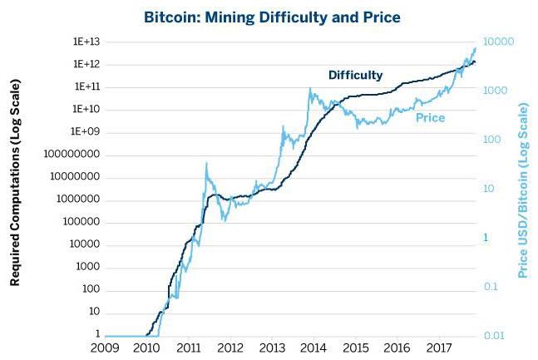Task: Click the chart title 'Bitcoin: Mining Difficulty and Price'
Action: (272, 17)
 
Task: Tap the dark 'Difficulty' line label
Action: (355, 75)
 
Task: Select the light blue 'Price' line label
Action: (430, 118)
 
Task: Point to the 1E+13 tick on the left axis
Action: (86, 42)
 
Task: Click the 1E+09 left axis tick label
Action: (85, 131)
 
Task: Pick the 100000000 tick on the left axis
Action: (72, 154)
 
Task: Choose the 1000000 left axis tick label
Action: (78, 199)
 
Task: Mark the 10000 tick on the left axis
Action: (85, 244)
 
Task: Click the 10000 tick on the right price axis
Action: (499, 42)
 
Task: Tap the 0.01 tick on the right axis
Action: (494, 335)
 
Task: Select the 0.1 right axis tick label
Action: (491, 287)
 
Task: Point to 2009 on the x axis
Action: (105, 348)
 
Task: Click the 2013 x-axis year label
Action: (272, 348)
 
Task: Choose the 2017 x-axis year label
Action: (439, 348)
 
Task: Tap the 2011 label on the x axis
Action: (189, 348)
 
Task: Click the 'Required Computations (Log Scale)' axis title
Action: (15, 183)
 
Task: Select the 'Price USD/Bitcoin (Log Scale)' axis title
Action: (522, 190)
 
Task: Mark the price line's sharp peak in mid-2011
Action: (206, 163)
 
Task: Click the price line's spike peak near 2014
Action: (310, 88)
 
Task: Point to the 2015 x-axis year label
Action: (356, 348)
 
